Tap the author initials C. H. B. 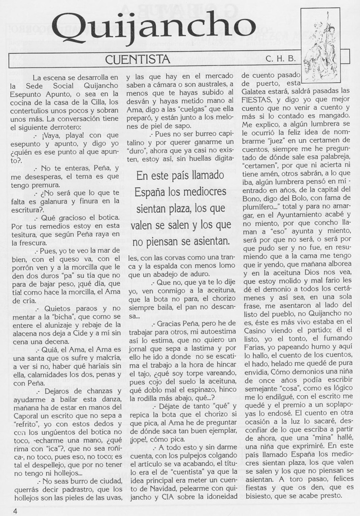(x=280, y=59)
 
